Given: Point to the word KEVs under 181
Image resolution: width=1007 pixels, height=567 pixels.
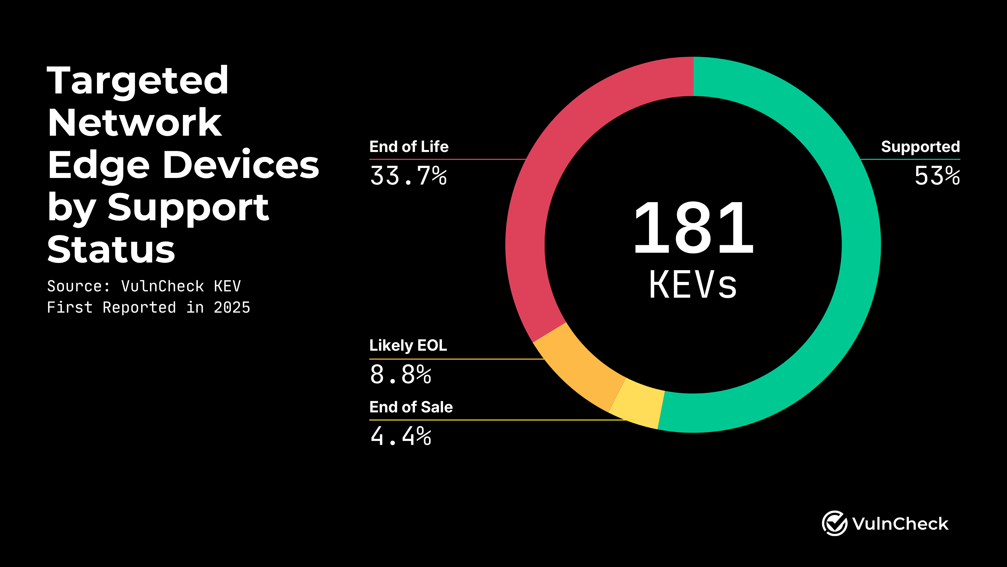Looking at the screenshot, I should [693, 285].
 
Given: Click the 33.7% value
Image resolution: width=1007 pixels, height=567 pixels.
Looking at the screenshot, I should [409, 176].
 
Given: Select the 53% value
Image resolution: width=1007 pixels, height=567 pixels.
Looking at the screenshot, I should [937, 176].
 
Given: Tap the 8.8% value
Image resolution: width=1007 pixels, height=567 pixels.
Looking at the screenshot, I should [401, 375].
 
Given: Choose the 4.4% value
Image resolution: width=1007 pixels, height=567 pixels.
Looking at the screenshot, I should [401, 436].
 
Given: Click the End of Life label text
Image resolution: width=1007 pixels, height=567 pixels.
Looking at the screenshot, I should [409, 147].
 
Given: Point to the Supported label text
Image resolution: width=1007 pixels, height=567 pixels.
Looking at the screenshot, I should [920, 147].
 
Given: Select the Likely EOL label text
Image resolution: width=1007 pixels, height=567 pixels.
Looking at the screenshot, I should [408, 345].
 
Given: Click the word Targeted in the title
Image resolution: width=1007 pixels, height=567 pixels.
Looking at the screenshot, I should [138, 81].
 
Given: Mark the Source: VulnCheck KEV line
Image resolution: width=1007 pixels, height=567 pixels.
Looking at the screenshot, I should [144, 286].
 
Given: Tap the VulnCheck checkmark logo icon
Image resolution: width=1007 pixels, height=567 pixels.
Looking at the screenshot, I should [834, 523].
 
